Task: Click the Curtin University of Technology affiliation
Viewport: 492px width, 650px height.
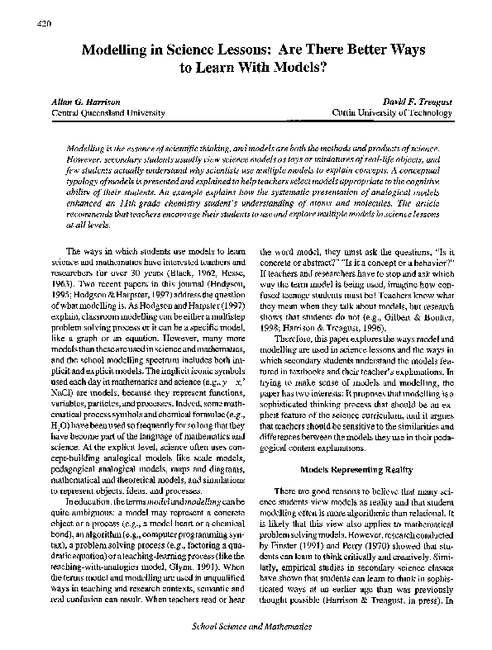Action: coord(384,111)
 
